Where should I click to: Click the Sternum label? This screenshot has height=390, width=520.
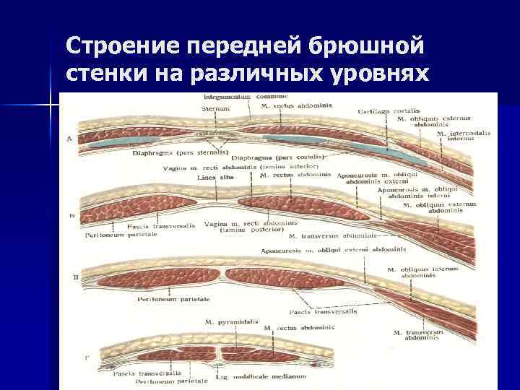click(x=215, y=108)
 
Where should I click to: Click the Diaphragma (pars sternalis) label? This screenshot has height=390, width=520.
click(x=179, y=153)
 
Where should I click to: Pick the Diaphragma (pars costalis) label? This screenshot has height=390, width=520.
click(x=285, y=157)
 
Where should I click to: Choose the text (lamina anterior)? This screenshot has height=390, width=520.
click(x=285, y=166)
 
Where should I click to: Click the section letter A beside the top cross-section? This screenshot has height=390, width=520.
click(x=69, y=139)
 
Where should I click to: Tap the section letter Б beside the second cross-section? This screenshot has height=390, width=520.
click(x=70, y=216)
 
